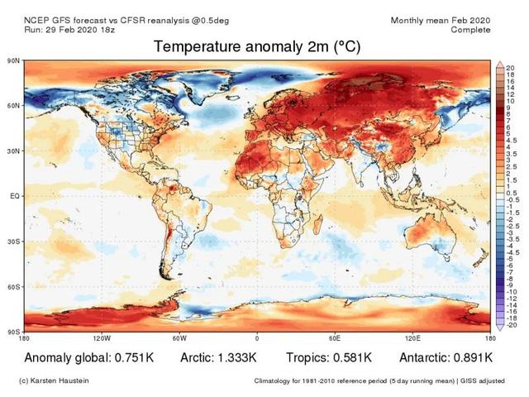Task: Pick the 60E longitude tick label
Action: click(x=336, y=338)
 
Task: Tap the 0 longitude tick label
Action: click(x=257, y=338)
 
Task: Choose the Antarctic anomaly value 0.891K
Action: click(x=471, y=357)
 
